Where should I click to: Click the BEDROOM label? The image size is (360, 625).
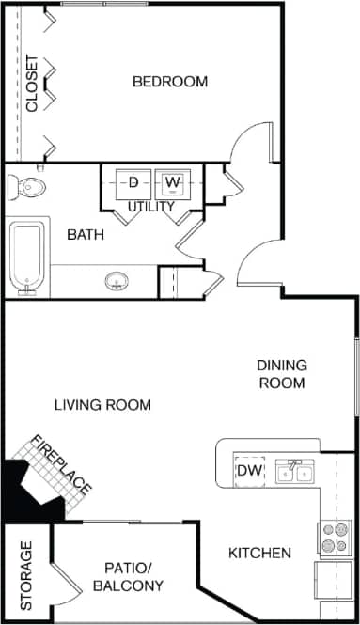tap(169, 82)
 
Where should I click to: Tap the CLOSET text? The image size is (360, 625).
tap(32, 85)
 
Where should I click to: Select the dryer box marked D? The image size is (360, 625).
tap(133, 181)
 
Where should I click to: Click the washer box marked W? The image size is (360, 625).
tap(171, 181)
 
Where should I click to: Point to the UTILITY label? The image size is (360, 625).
tap(151, 206)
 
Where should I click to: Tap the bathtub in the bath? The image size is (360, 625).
tap(27, 256)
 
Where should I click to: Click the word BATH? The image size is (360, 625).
tap(85, 234)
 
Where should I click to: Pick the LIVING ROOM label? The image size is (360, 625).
tap(102, 405)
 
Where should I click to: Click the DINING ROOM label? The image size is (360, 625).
tap(282, 374)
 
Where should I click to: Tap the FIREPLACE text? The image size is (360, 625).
tap(62, 465)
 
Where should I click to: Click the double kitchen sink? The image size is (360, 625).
tap(294, 471)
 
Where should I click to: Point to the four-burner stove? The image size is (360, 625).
tap(334, 538)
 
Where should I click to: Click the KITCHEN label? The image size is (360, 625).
tap(259, 553)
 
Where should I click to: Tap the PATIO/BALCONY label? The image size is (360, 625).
tap(128, 576)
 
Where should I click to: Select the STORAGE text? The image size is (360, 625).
tap(26, 574)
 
